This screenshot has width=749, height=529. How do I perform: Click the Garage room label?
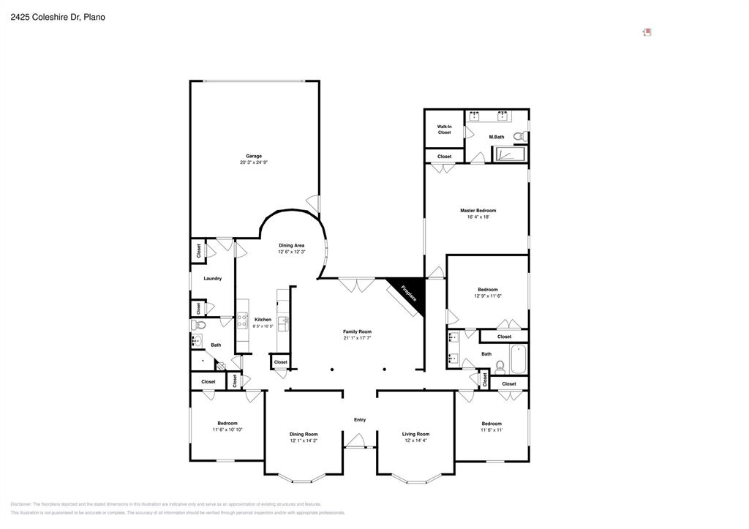coord(254,156)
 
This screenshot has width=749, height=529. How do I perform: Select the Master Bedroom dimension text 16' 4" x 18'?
coord(478,217)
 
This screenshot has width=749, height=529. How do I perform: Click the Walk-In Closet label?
coord(444,130)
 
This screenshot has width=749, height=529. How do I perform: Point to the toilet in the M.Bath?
coord(519,136)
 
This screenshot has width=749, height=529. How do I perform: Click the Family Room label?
coord(357,331)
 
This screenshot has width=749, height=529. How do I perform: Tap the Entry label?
coord(359,420)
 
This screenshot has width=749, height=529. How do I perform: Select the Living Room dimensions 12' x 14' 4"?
coord(415,440)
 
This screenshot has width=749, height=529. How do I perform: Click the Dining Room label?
coord(304,434)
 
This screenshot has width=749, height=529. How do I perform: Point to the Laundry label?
coord(212,278)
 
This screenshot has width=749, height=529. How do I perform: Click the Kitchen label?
coord(263,319)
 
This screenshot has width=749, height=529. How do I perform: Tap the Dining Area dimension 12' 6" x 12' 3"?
coord(291,252)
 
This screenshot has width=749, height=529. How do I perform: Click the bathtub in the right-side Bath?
coord(519,359)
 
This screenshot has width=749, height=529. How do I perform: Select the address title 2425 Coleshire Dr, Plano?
coord(58,16)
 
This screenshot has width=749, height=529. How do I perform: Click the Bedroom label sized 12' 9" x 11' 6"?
coord(488,289)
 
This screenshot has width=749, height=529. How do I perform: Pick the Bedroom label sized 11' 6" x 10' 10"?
coord(227,424)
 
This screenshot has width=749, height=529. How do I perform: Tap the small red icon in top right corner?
coord(647,31)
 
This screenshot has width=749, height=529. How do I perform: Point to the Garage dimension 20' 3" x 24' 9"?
coord(254,162)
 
